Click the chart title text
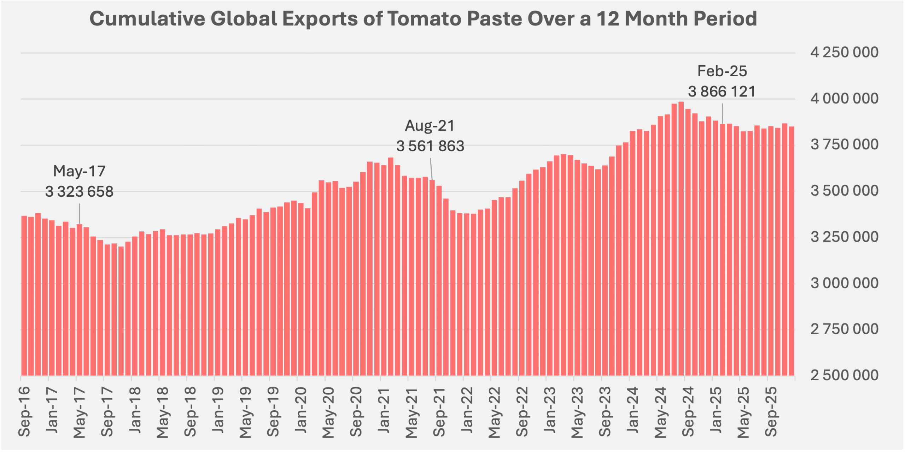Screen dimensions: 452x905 (423, 19)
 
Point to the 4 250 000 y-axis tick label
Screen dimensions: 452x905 (844, 52)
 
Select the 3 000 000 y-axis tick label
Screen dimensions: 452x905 (844, 283)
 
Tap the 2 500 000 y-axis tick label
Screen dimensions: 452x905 (844, 375)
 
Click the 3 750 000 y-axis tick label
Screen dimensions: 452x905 (844, 144)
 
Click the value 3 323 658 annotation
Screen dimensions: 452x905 (79, 192)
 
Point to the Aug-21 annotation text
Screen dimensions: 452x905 (430, 126)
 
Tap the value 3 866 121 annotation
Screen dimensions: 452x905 (722, 92)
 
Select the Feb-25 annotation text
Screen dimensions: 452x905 (722, 71)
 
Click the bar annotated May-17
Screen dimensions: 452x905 (80, 300)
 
